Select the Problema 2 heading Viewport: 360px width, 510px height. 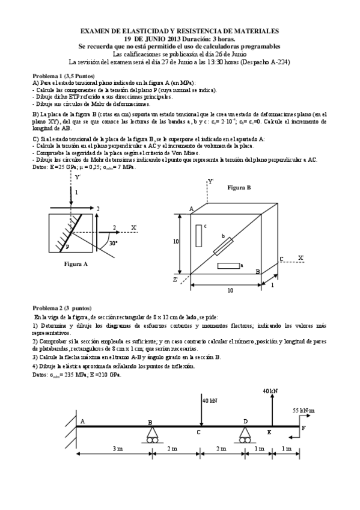pyautogui.click(x=63, y=306)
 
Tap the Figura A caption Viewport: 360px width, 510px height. pyautogui.click(x=76, y=263)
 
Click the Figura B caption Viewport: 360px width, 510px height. pyautogui.click(x=239, y=188)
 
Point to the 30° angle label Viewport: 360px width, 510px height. pyautogui.click(x=113, y=243)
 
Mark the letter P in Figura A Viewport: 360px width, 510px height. pyautogui.click(x=67, y=247)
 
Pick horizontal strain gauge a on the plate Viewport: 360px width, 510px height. pyautogui.click(x=228, y=265)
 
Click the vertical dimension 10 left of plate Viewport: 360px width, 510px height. pyautogui.click(x=176, y=241)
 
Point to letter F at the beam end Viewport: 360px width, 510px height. pyautogui.click(x=303, y=428)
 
